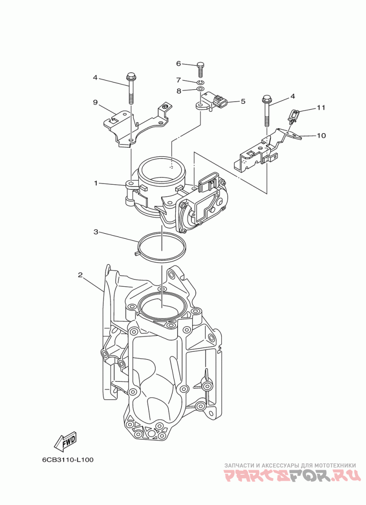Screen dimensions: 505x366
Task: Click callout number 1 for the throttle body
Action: tap(96, 183)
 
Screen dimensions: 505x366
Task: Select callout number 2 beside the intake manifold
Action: tap(80, 275)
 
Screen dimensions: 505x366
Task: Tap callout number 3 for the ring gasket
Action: tap(96, 232)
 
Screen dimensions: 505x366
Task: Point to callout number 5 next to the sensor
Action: tap(243, 101)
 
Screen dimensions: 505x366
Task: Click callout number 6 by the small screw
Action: tap(178, 64)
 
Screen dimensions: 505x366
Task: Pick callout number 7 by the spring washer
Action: tap(178, 80)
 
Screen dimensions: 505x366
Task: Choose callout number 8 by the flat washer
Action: tap(178, 91)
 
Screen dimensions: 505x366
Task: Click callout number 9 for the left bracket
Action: tap(96, 102)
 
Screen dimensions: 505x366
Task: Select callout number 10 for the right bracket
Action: tap(321, 135)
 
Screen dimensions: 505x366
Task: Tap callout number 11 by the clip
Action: tap(321, 108)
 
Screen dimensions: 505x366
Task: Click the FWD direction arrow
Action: tap(65, 442)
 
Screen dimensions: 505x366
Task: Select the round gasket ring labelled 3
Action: tap(162, 247)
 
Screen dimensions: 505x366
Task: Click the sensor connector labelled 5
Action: tap(215, 101)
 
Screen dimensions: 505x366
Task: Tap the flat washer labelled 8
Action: tap(200, 88)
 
